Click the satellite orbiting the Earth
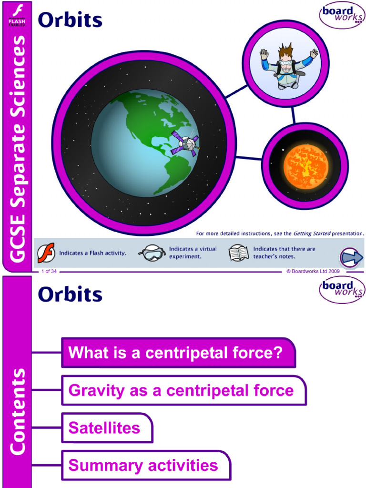click(x=185, y=142)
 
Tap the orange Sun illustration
click(x=305, y=166)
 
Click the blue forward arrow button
click(x=352, y=258)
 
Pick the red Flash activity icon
click(x=46, y=253)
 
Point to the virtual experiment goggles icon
click(x=152, y=253)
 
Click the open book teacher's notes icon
click(x=239, y=253)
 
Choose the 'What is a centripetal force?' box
click(x=178, y=353)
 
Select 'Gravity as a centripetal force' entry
click(x=183, y=391)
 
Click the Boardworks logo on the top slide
click(x=341, y=15)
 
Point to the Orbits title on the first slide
click(x=70, y=20)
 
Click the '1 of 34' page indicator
click(x=49, y=271)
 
